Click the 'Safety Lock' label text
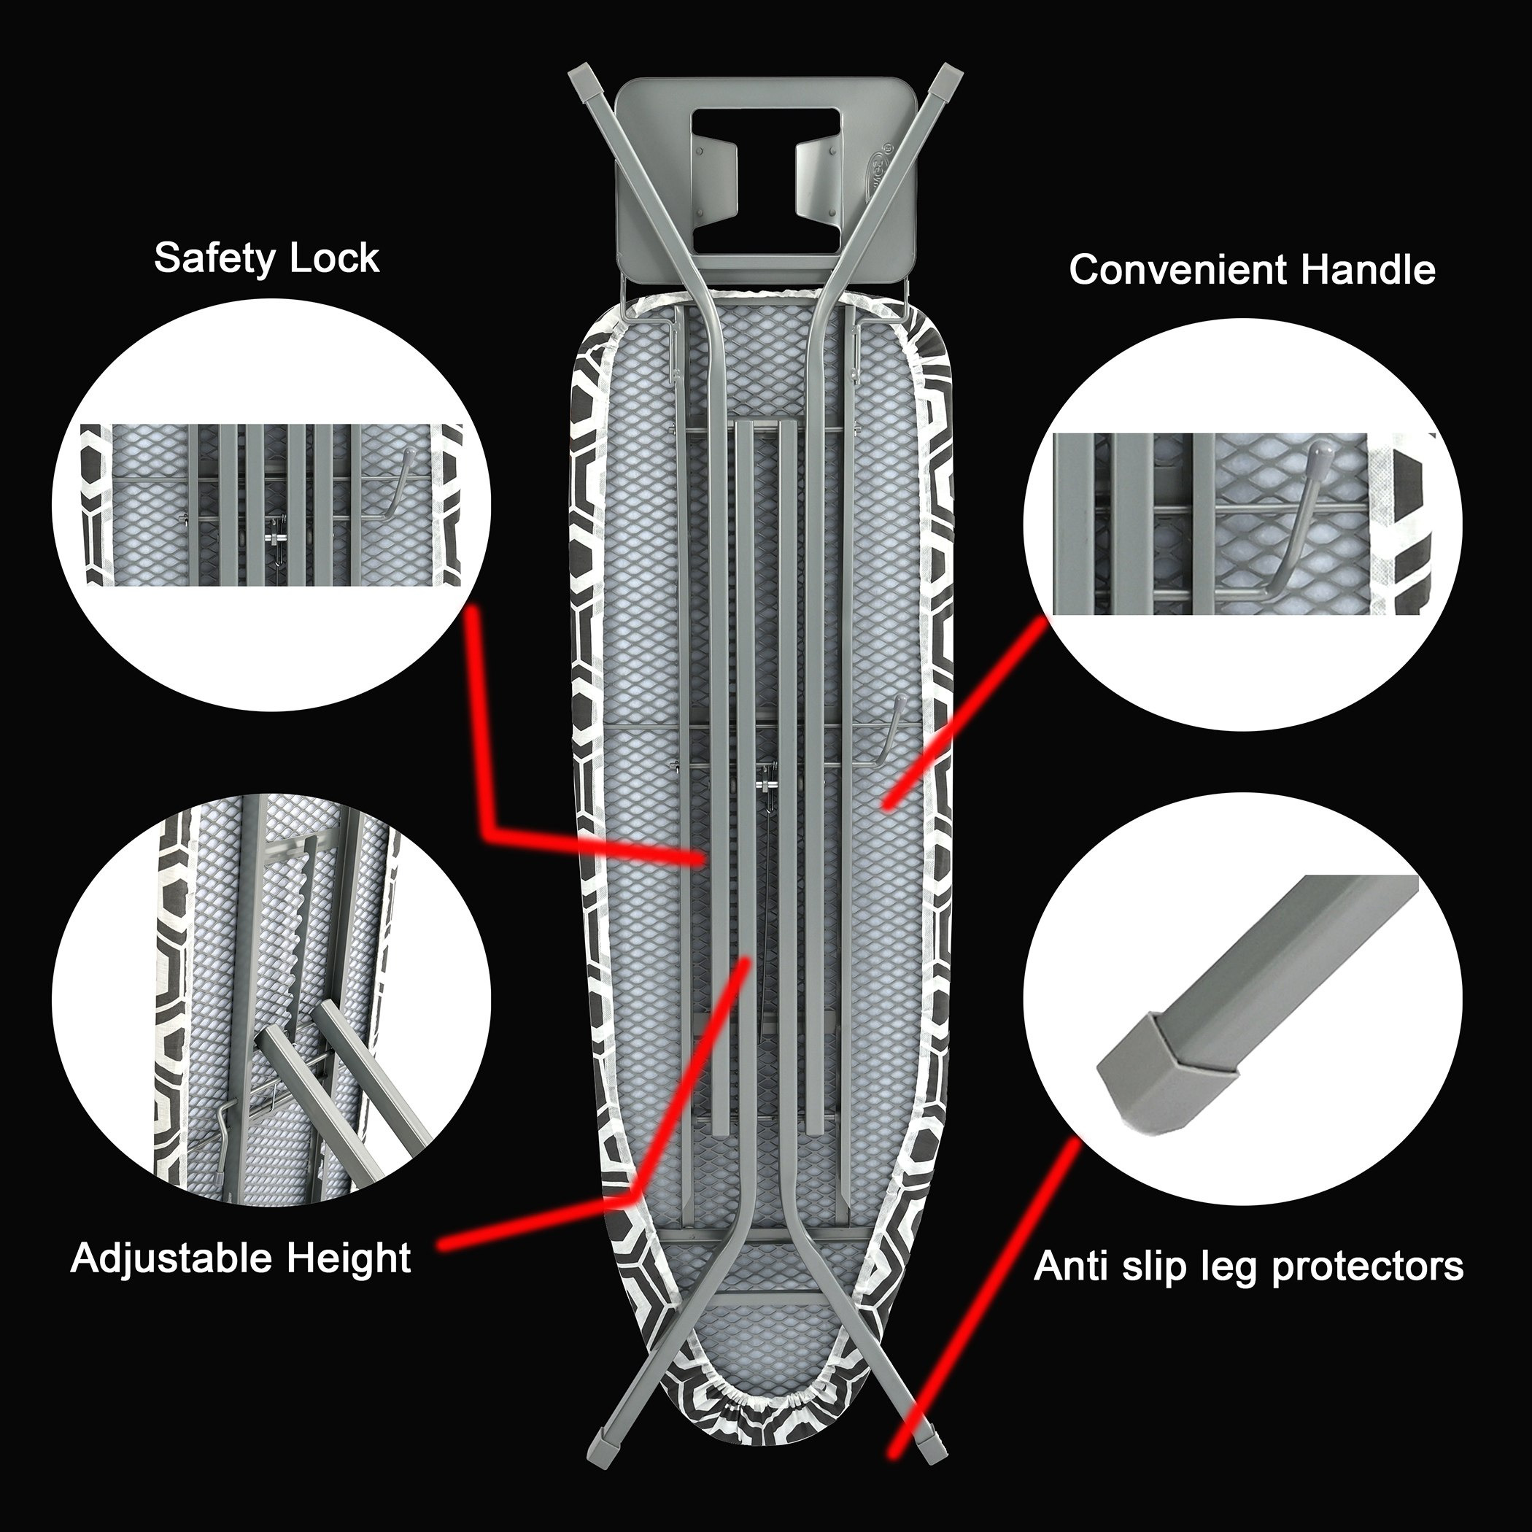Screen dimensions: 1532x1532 (266, 258)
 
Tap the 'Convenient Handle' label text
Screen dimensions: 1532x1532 (1252, 270)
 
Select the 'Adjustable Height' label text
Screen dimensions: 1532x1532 (241, 1258)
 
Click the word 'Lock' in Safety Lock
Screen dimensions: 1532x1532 (336, 258)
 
